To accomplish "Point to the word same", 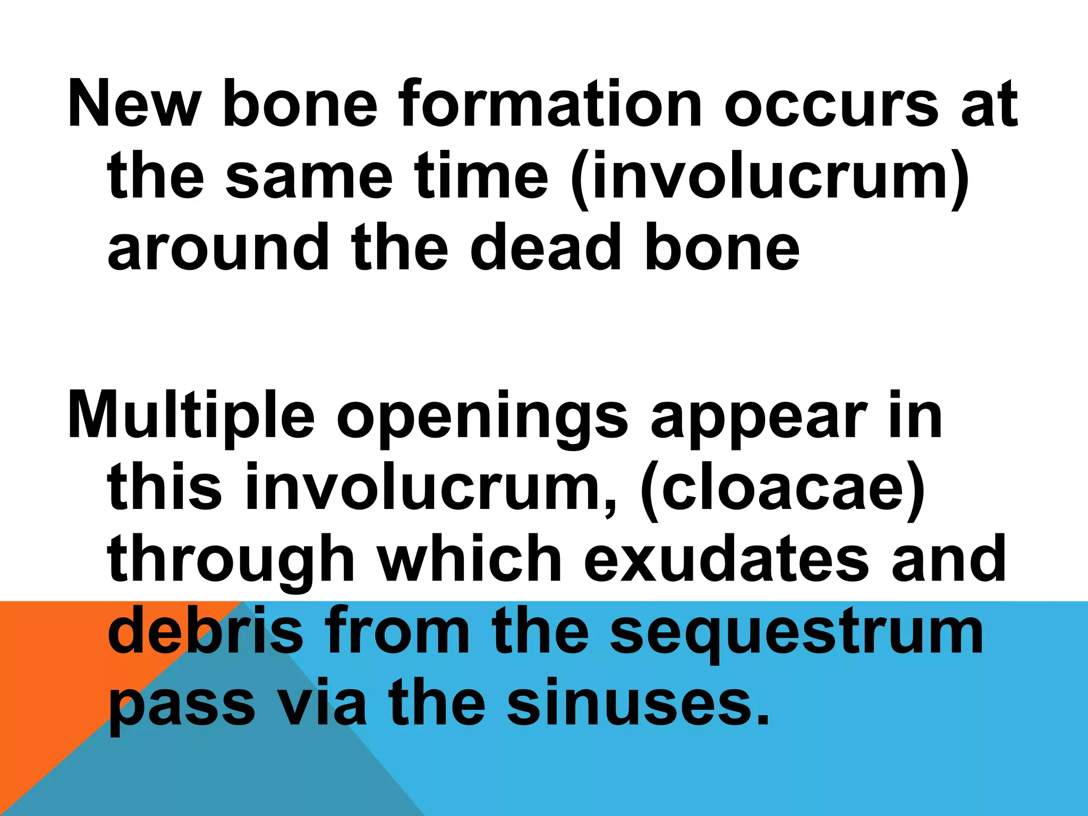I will point(309,176).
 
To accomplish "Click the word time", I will point(481,176).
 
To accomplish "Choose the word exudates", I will point(727,559).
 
